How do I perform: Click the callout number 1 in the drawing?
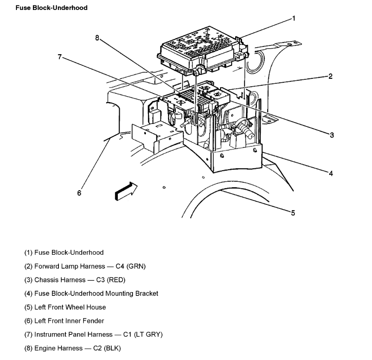click(294, 18)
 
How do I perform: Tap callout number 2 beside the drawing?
click(330, 77)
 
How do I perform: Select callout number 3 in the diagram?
click(332, 135)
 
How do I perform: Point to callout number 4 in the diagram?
click(331, 174)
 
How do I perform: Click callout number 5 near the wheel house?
click(293, 213)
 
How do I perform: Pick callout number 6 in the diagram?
click(79, 193)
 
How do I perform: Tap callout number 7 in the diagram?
click(60, 56)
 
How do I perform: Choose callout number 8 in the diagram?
click(97, 38)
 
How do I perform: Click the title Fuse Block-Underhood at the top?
click(52, 8)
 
